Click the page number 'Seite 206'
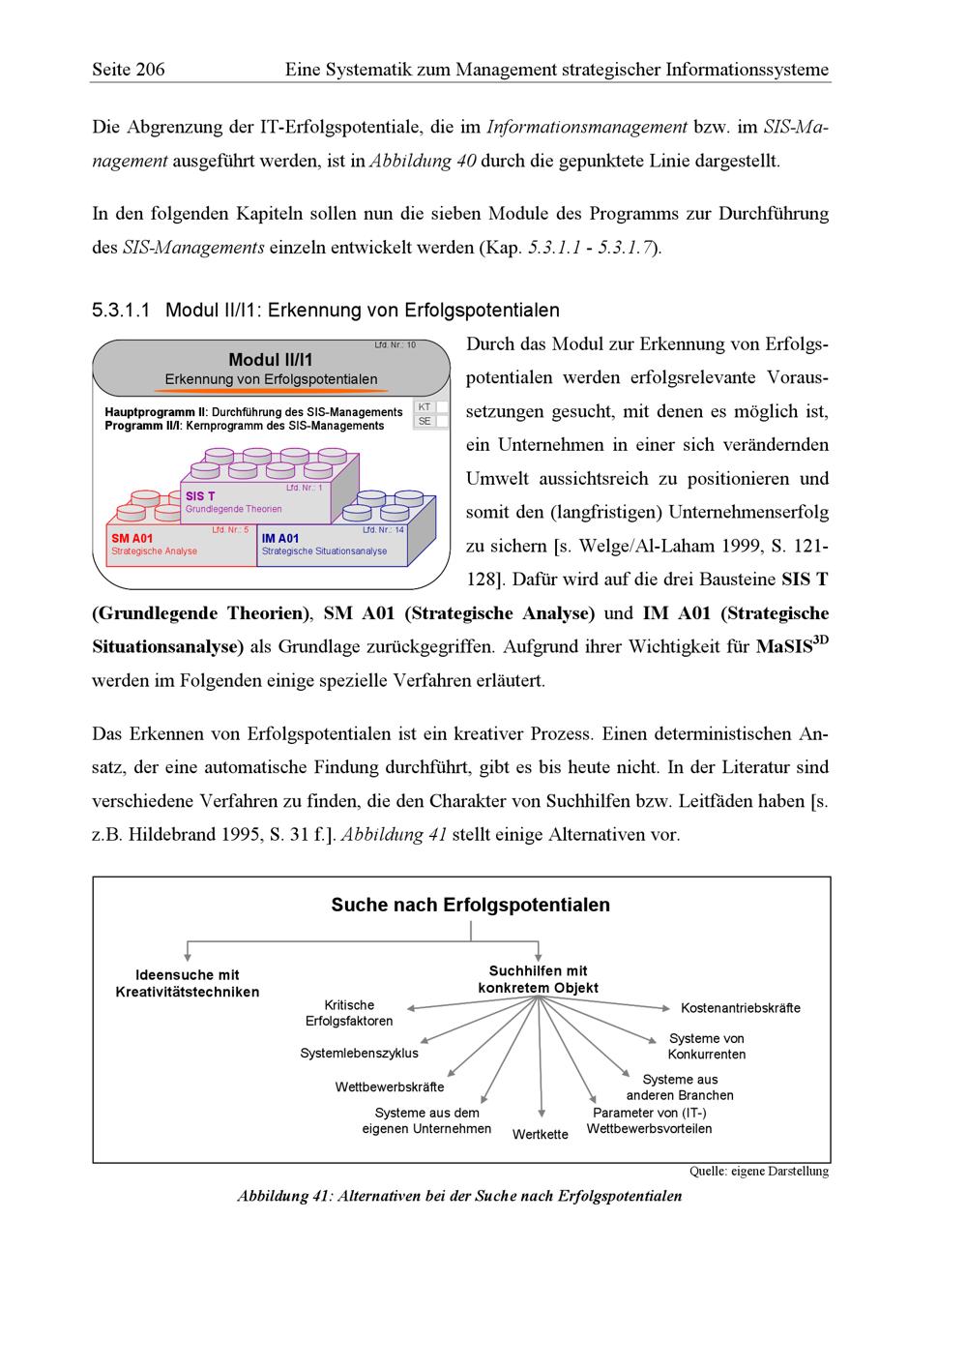click(x=129, y=70)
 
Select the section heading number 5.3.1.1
click(x=122, y=311)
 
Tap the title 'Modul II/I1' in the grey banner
click(x=271, y=360)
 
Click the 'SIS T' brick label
click(x=200, y=496)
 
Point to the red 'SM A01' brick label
click(x=132, y=538)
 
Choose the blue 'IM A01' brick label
click(x=280, y=538)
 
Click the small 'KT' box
click(x=425, y=407)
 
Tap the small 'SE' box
click(x=425, y=422)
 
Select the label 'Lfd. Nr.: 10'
click(x=396, y=345)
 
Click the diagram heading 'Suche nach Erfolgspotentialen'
click(x=471, y=906)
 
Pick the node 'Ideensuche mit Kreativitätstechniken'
click(x=188, y=983)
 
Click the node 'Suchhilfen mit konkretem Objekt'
click(x=538, y=979)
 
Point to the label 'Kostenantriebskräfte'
click(x=741, y=1008)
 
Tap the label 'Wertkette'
click(x=541, y=1134)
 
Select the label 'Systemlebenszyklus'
click(x=359, y=1053)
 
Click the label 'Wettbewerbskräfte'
click(x=390, y=1086)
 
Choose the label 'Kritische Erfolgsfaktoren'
click(x=349, y=1013)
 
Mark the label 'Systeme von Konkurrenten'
click(x=707, y=1046)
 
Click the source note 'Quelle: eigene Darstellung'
click(x=759, y=1172)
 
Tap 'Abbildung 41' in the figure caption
click(x=285, y=1196)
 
